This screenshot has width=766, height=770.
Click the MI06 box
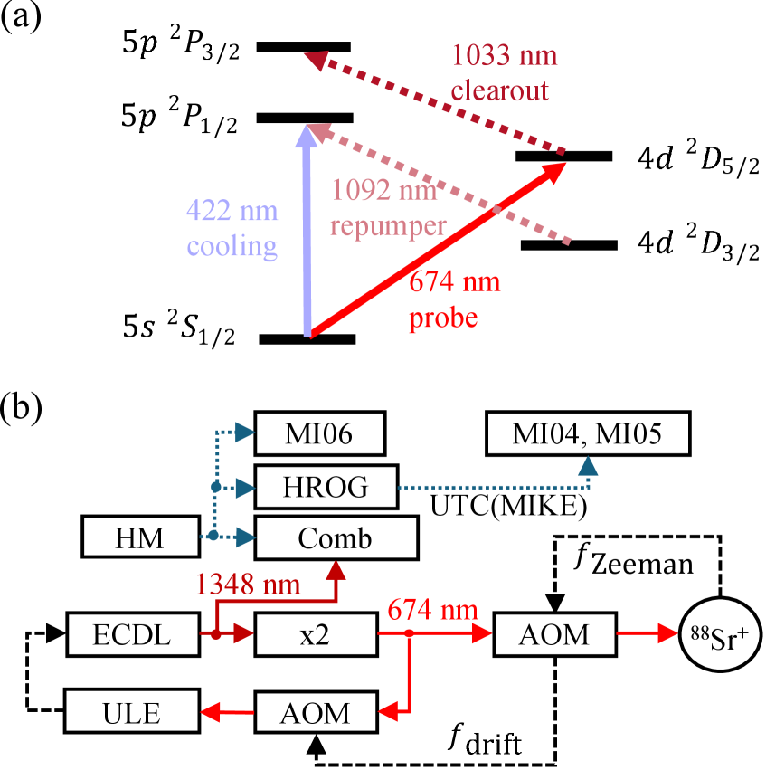[319, 434]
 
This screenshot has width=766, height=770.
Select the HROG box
[326, 488]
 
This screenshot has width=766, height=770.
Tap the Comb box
[336, 539]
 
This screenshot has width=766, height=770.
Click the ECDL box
[132, 634]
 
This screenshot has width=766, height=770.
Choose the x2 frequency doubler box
[315, 634]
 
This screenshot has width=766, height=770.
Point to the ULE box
[132, 712]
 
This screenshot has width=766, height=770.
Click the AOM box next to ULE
[315, 712]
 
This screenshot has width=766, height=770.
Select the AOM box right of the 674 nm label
[554, 634]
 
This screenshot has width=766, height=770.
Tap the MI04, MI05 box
[588, 434]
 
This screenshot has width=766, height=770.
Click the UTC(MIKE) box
[508, 506]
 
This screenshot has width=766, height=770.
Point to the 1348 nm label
[248, 585]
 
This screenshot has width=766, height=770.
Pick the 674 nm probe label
[454, 300]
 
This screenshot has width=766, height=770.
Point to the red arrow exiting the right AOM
[646, 634]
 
